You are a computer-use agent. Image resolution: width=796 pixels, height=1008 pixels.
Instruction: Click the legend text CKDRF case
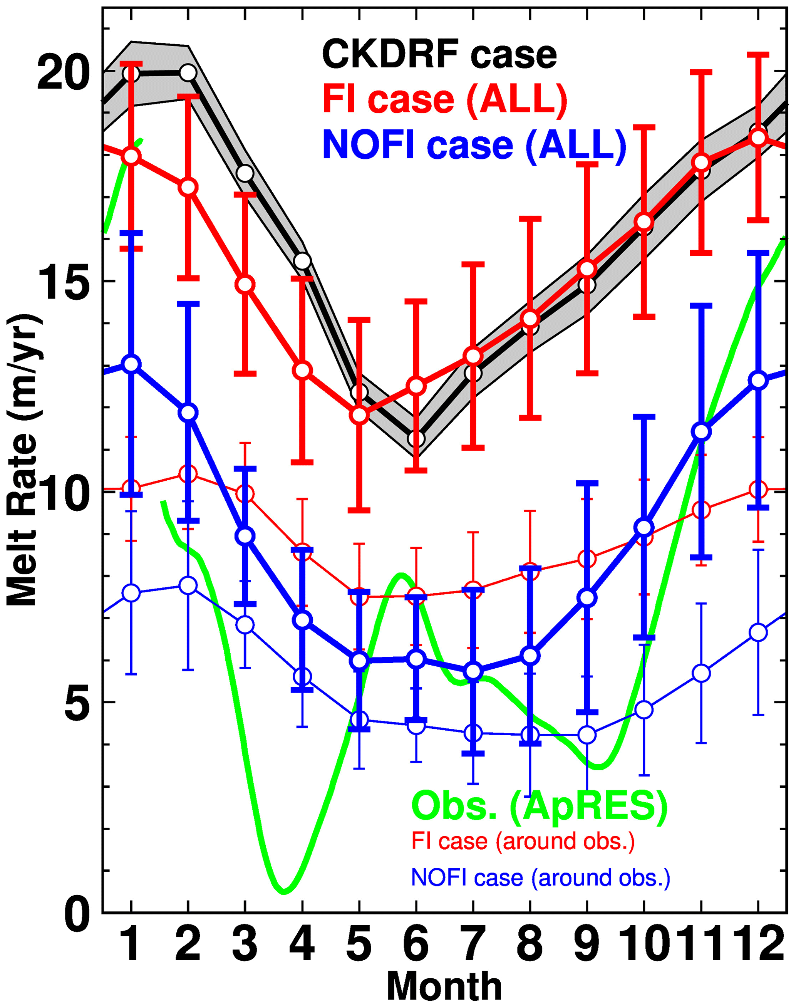point(439,55)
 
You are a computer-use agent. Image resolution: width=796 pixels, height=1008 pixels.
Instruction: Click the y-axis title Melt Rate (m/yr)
point(23,459)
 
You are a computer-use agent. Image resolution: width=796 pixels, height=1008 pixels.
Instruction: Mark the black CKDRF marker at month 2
point(188,73)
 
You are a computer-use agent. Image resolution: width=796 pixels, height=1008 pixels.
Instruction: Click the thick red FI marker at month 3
point(245,284)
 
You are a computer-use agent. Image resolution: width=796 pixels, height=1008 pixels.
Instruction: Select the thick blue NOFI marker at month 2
point(188,413)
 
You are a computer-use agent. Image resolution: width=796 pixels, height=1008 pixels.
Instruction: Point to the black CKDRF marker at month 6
point(416,439)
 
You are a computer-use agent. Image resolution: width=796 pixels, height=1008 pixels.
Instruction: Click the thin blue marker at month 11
point(701,673)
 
